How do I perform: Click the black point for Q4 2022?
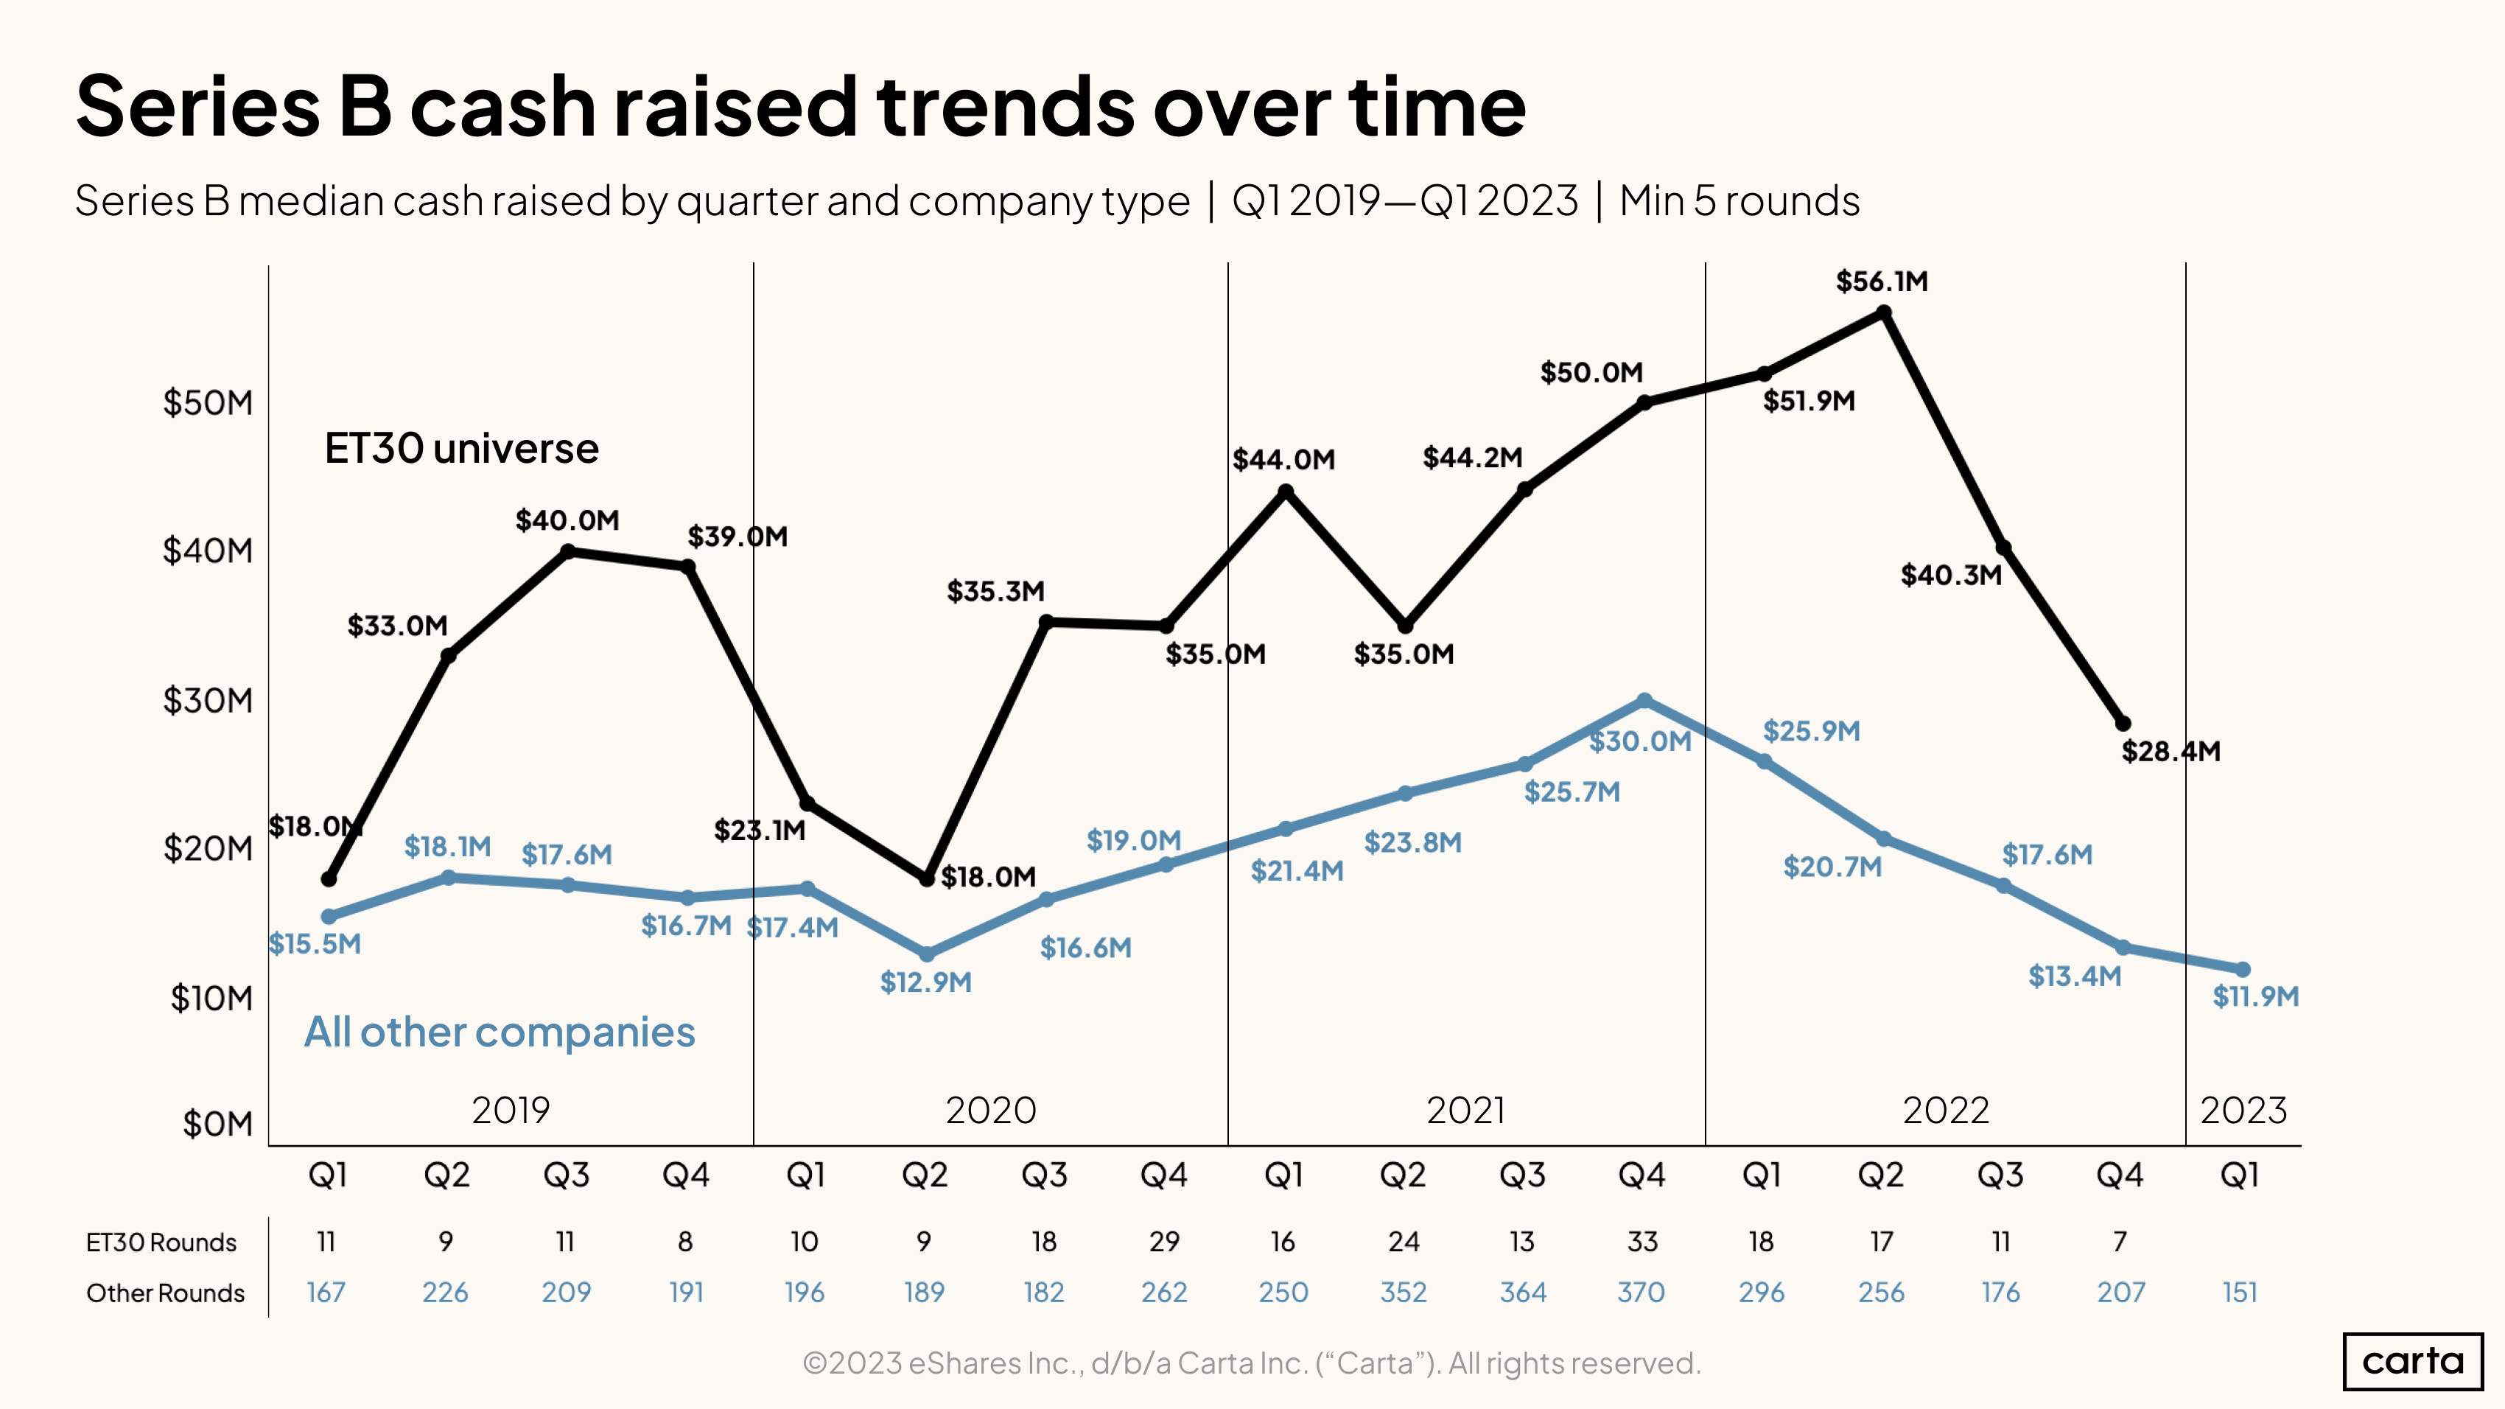click(2123, 724)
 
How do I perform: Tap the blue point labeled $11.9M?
click(2243, 970)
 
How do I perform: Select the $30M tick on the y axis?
click(207, 700)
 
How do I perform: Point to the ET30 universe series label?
click(461, 448)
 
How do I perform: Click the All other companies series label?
click(500, 1032)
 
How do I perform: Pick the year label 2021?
click(1465, 1111)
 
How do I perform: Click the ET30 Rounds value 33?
click(1642, 1242)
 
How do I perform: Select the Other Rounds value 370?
click(1642, 1293)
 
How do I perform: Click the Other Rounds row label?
click(165, 1293)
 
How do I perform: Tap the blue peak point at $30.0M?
click(1644, 700)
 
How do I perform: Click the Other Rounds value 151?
click(2240, 1293)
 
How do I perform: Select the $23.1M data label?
click(760, 831)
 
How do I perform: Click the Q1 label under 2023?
click(2240, 1175)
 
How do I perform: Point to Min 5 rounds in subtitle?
click(1739, 201)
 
